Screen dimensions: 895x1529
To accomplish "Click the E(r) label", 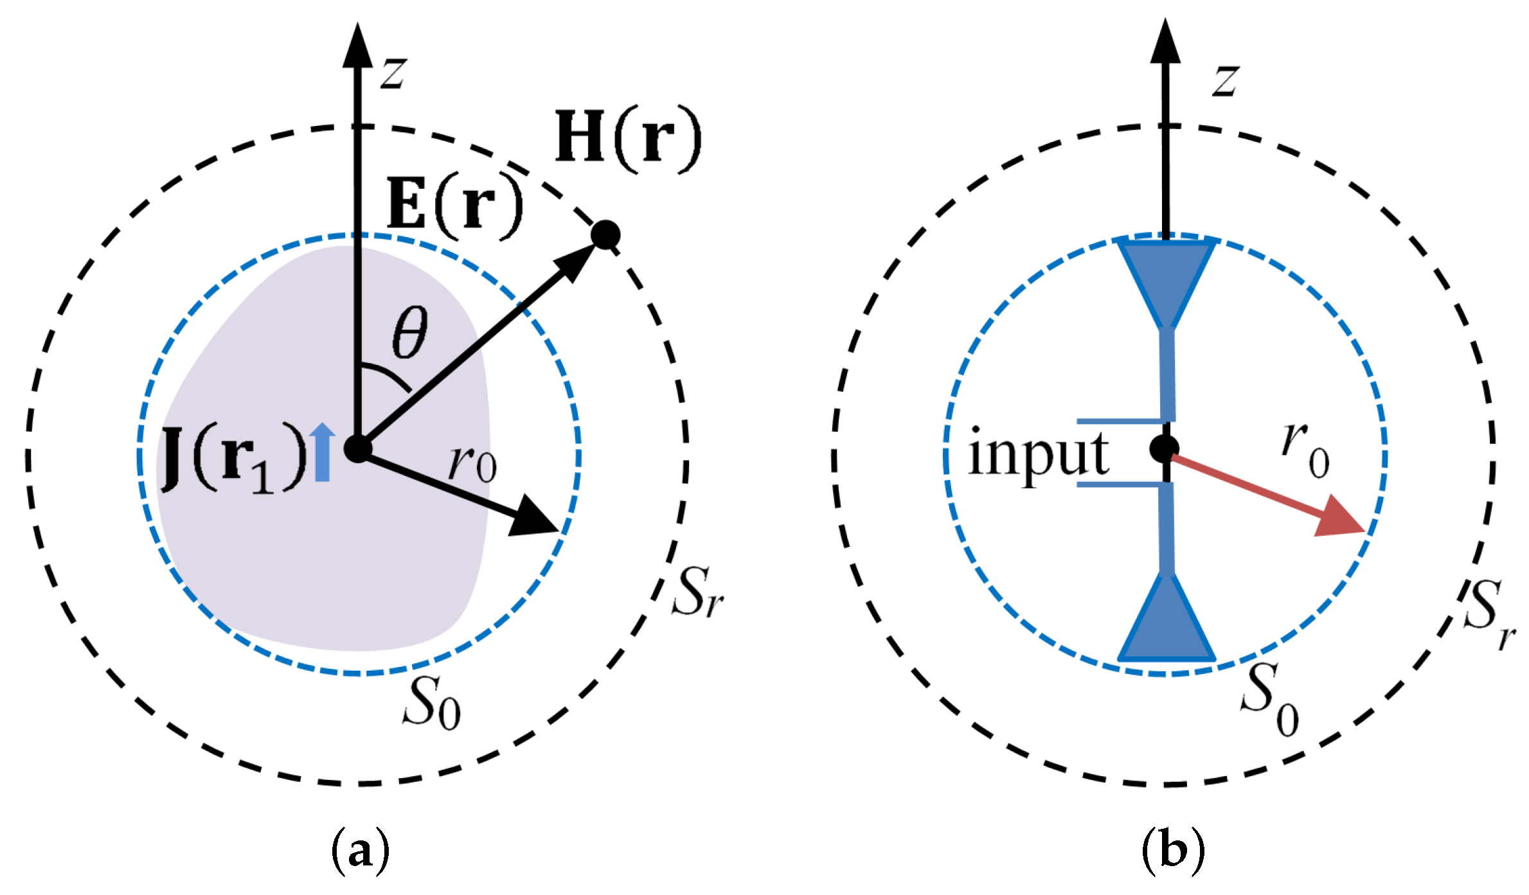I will click(x=455, y=206).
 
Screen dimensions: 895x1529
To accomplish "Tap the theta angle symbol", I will click(x=409, y=332).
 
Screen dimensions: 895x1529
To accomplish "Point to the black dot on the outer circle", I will click(x=605, y=235).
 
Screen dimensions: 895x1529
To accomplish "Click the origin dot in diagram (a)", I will click(x=357, y=448).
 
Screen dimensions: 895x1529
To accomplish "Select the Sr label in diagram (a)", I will click(x=697, y=592).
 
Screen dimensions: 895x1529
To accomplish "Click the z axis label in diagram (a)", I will click(x=393, y=71).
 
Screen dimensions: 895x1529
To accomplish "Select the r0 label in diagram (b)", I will click(x=1305, y=450).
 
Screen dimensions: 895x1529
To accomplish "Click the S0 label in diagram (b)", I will click(x=1269, y=699).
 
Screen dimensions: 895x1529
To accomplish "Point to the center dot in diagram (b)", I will click(x=1164, y=448).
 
